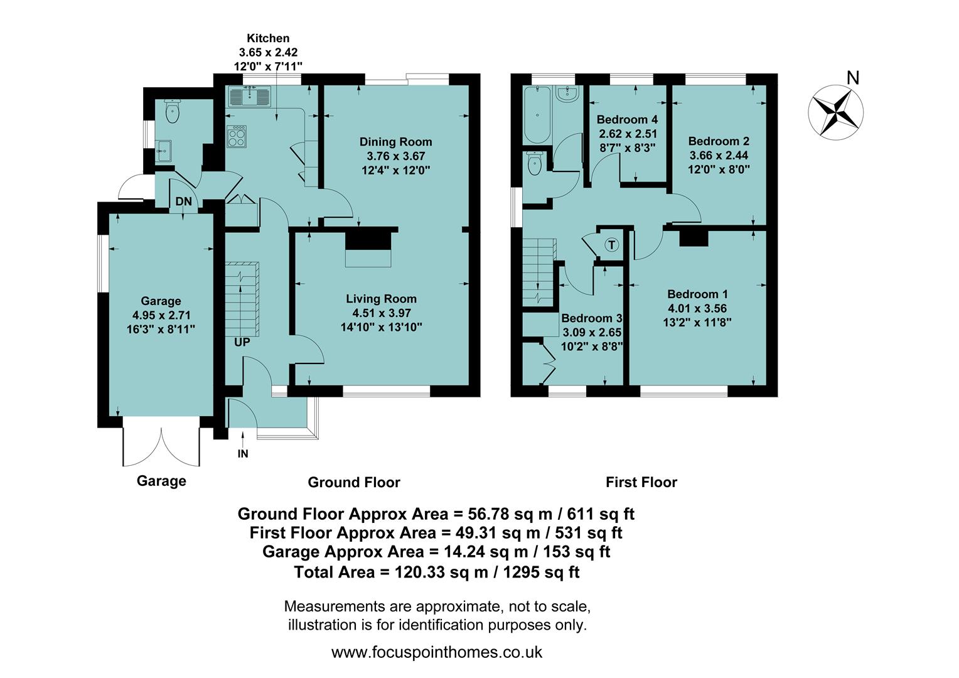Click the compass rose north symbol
[835, 112]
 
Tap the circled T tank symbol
[611, 245]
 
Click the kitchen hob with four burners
[237, 136]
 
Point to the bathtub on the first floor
[536, 115]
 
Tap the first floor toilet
[535, 164]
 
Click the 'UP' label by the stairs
[242, 343]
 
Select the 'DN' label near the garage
[183, 202]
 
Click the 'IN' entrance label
[243, 453]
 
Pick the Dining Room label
[395, 141]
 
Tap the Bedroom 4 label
[627, 119]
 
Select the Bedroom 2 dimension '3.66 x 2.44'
[719, 155]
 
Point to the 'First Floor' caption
[641, 482]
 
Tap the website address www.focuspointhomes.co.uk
[436, 652]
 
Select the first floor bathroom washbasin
[567, 95]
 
